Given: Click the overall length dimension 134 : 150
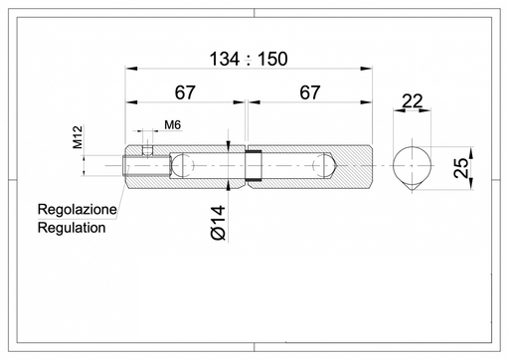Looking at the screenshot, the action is pos(249,59).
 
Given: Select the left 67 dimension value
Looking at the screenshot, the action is pos(185,92).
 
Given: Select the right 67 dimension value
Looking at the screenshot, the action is pos(310,92).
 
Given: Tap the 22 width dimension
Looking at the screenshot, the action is pos(413,101).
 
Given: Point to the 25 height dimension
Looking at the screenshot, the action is pos(461,168).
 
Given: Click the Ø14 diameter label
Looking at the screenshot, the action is pos(218,223).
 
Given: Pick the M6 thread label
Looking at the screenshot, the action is pos(173,125).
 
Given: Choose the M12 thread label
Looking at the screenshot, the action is pos(78,137).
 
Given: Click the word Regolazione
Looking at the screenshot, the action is pos(78,209).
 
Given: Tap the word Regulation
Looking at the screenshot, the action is pos(72,228).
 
